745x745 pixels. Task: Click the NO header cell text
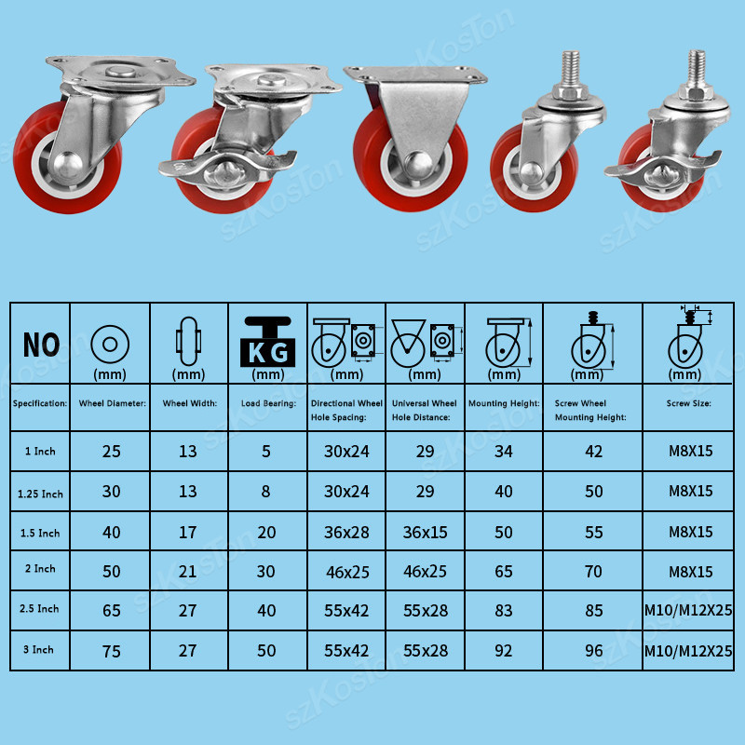(41, 345)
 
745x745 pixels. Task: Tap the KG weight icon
(268, 341)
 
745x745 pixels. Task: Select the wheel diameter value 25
(112, 452)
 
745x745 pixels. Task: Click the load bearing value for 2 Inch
(266, 572)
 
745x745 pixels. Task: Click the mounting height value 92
(504, 651)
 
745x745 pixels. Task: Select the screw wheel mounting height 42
(593, 452)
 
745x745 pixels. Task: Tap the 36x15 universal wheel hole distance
(425, 532)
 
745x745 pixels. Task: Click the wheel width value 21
(187, 572)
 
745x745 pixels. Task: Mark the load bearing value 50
(266, 651)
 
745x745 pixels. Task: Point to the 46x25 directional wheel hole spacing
(345, 572)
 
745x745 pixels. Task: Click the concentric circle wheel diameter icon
(111, 343)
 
